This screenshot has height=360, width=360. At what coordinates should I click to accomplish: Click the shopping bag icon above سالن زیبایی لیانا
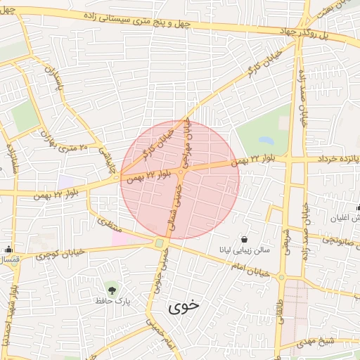coord(244,238)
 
